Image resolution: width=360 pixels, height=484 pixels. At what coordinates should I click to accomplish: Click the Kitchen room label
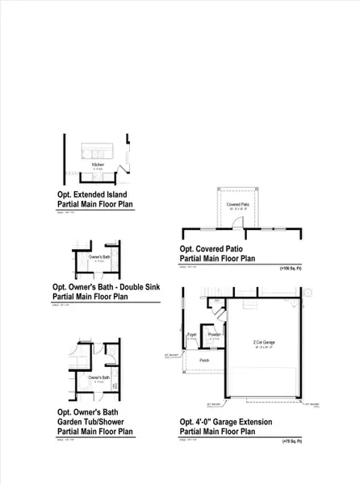coord(98,164)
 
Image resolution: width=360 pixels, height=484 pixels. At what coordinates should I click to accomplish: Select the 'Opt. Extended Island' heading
coord(91,194)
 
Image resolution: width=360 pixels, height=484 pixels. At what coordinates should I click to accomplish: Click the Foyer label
coord(192,334)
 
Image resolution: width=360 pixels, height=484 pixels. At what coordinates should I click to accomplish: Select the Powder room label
coord(214,334)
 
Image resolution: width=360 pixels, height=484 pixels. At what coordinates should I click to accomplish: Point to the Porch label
coord(203,360)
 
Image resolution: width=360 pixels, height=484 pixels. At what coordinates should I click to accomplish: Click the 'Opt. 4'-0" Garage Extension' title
coord(226,422)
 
